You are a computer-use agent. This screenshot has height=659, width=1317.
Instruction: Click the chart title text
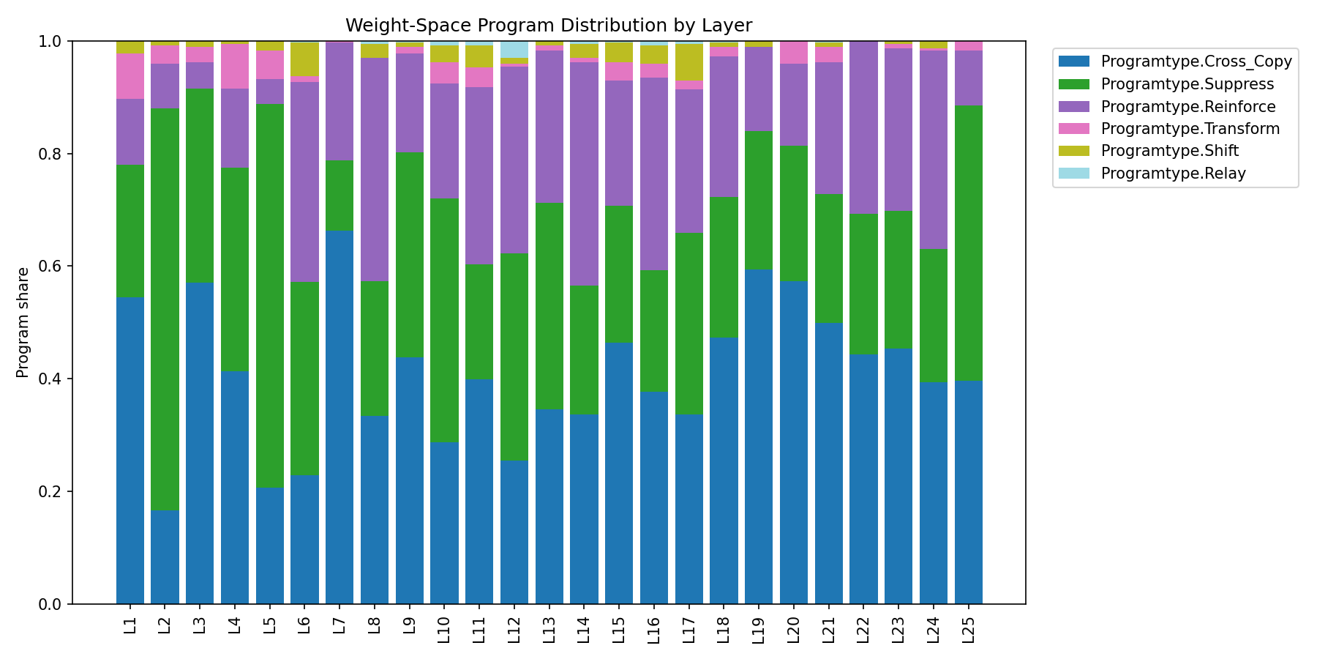point(548,26)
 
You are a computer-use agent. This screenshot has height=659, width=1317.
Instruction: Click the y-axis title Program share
point(23,323)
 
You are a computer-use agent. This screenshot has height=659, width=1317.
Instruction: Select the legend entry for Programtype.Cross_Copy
point(1196,62)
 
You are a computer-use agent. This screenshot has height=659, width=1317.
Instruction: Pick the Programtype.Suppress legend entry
point(1187,84)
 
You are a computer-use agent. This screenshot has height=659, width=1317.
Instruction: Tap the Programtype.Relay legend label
point(1173,174)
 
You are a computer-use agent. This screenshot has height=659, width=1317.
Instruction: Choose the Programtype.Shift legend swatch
point(1073,151)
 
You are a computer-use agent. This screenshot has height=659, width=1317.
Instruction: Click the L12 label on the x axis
point(514,628)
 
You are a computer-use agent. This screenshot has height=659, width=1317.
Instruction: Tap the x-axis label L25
point(969,628)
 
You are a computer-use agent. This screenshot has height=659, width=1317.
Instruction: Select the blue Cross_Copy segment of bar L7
point(339,417)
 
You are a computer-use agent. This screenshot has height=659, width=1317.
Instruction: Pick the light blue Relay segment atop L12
point(514,50)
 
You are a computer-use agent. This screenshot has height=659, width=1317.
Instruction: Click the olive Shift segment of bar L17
point(688,62)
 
